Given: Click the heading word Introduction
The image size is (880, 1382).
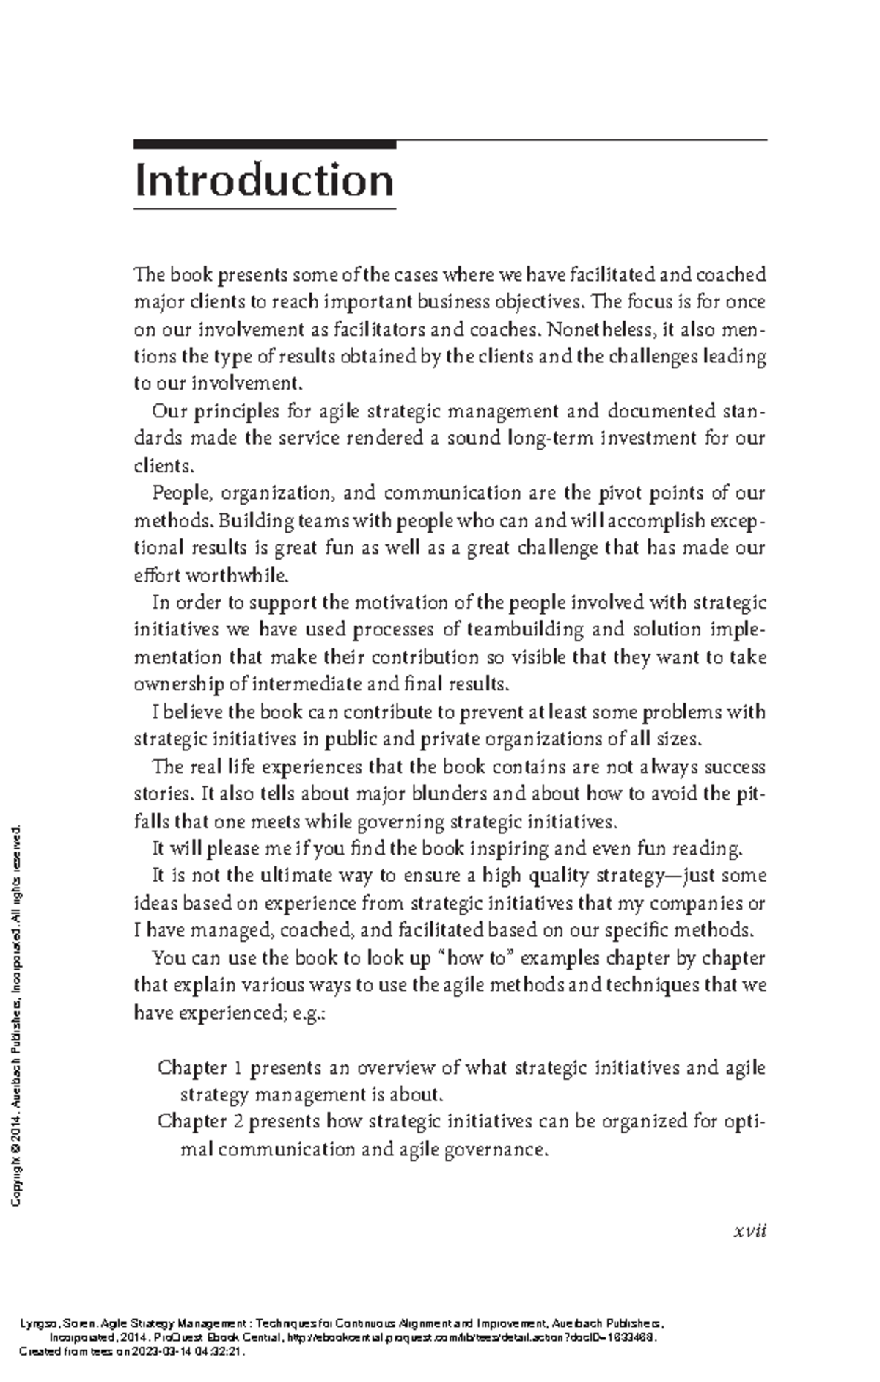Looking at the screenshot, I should [x=264, y=180].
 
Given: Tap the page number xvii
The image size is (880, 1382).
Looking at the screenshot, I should [x=749, y=1231].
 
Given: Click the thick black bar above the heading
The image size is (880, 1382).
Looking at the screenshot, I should [x=264, y=145].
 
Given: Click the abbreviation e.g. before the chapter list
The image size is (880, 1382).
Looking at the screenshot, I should [x=307, y=1013].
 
